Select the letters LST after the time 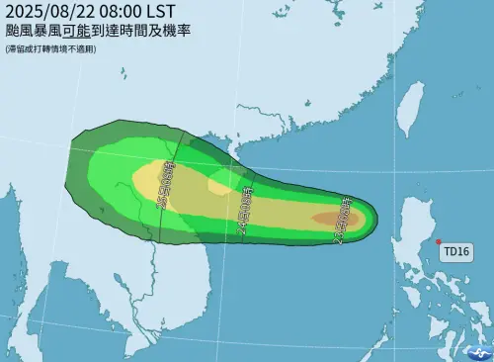(163, 12)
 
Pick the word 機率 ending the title (178, 31)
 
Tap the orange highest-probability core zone (329, 219)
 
